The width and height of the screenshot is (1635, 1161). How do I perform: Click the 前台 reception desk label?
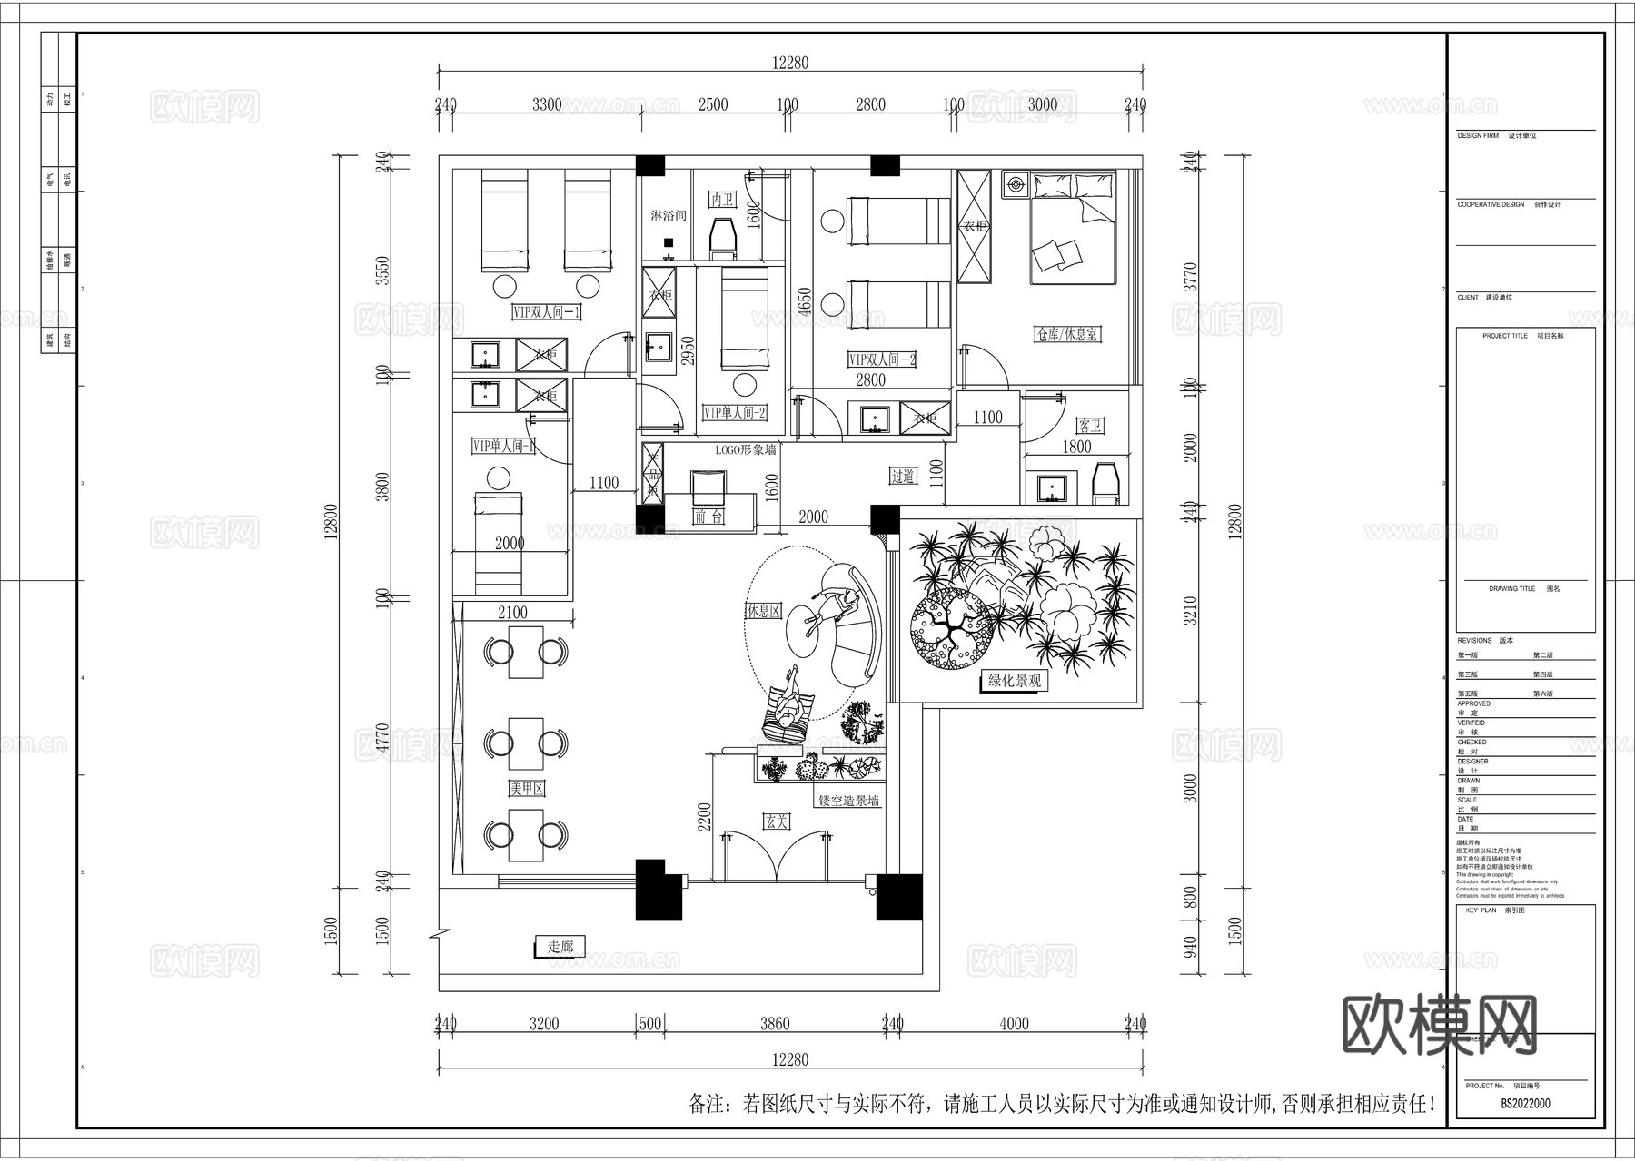coord(708,517)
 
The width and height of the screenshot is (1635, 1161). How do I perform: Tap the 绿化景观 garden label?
coord(1015,681)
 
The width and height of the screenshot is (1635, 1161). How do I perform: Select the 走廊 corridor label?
coord(560,947)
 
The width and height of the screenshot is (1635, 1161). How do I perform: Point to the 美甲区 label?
coord(527,789)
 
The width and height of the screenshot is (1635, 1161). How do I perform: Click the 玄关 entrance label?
coord(777,822)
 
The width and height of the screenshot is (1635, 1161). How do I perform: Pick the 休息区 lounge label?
coord(763,611)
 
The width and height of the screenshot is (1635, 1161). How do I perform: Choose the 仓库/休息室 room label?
coord(1067,334)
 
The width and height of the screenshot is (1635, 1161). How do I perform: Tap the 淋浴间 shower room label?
coord(668,216)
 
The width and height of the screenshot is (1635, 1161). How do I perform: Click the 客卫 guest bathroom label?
coord(1089,426)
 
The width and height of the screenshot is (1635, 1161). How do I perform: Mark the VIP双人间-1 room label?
coord(547,312)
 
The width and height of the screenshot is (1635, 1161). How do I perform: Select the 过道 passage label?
coord(902,476)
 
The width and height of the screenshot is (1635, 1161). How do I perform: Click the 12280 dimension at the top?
coord(790,63)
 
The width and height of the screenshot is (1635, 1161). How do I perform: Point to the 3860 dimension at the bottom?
coord(774,1024)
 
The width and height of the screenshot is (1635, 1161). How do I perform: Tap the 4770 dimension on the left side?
coord(382,741)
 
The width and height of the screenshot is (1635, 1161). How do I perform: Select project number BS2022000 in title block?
coord(1525,1104)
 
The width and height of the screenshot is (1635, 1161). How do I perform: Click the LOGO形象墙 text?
coord(746,448)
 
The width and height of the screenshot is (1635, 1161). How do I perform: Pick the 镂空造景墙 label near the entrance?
coord(848,801)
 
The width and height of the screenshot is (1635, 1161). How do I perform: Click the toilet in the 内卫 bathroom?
coord(723,236)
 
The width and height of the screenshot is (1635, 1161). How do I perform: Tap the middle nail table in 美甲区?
coord(526,743)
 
